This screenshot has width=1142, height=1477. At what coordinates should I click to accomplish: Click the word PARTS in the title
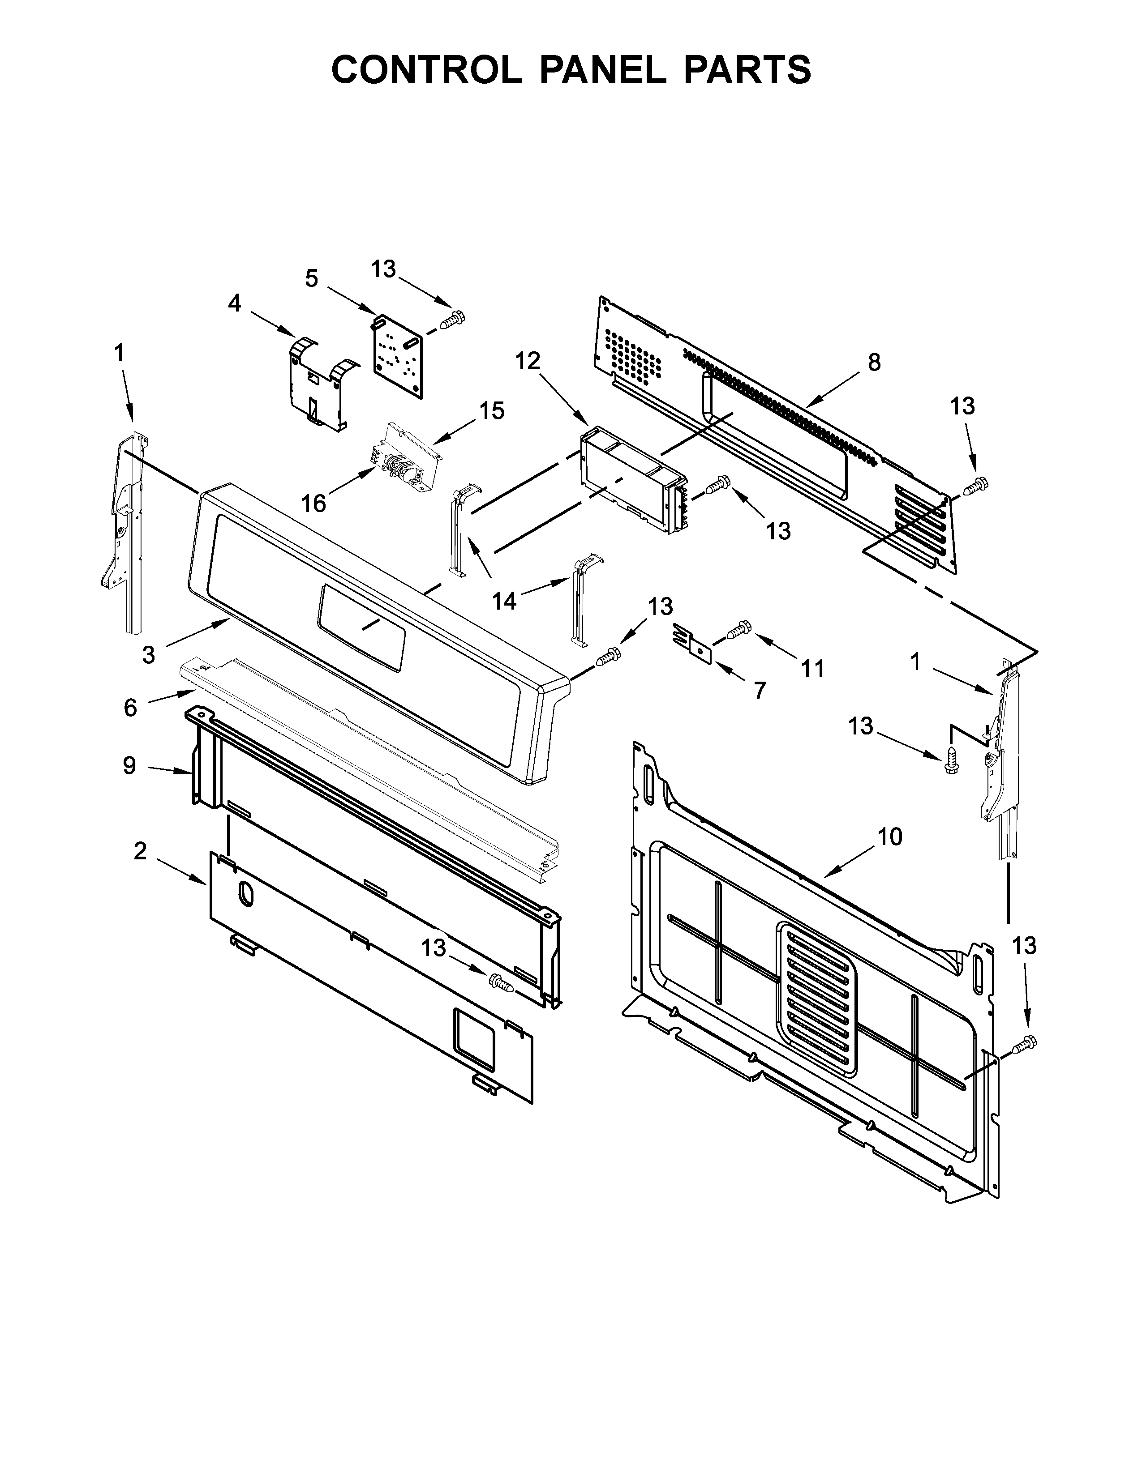coord(747,70)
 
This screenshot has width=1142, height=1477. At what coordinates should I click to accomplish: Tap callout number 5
coord(311,278)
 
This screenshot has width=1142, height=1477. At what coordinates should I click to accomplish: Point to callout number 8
coord(874,363)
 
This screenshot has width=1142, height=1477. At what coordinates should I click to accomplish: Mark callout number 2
coord(140,851)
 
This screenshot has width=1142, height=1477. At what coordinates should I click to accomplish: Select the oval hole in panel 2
coord(244,895)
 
